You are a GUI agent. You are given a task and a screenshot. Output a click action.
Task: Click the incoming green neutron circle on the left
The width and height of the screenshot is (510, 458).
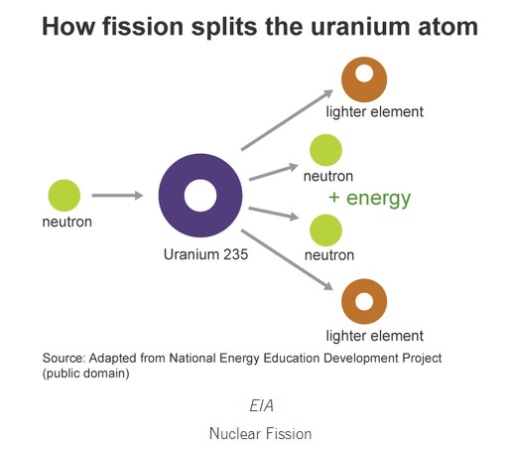click(x=64, y=196)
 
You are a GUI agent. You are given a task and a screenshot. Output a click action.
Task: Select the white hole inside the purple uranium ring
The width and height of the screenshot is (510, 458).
click(x=200, y=196)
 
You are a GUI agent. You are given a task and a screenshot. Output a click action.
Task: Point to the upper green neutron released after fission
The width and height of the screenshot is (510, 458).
click(x=325, y=150)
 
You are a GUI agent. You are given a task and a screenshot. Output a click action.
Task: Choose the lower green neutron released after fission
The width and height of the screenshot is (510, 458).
click(x=325, y=230)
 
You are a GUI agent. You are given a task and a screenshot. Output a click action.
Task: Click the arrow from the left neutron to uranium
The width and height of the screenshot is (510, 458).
click(x=117, y=196)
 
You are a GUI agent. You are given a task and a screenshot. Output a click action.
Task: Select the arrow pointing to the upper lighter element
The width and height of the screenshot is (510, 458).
click(x=287, y=120)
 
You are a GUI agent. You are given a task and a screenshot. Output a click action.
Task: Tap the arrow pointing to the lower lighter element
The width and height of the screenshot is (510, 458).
click(x=287, y=260)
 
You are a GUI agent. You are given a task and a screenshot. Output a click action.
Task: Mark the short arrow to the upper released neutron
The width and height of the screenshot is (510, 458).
click(x=274, y=172)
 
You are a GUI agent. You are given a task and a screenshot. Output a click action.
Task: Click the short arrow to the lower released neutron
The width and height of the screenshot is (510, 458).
click(x=274, y=214)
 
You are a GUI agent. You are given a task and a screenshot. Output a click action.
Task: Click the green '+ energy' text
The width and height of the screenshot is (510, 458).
click(x=370, y=199)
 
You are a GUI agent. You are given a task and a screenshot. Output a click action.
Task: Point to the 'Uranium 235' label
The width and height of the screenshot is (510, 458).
click(x=205, y=254)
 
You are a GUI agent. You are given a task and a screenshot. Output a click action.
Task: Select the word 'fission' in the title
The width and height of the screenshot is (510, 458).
click(x=143, y=27)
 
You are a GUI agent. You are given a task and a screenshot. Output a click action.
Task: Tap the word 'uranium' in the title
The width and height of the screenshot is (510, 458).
click(x=360, y=27)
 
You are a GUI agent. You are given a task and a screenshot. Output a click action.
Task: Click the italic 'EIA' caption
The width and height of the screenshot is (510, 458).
click(x=261, y=405)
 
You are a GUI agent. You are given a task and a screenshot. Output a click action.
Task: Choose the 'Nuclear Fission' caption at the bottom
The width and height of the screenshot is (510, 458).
click(x=261, y=433)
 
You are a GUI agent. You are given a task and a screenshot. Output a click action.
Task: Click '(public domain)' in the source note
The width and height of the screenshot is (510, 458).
click(x=85, y=374)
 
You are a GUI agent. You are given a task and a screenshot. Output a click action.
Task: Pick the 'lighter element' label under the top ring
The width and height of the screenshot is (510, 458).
click(x=374, y=112)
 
